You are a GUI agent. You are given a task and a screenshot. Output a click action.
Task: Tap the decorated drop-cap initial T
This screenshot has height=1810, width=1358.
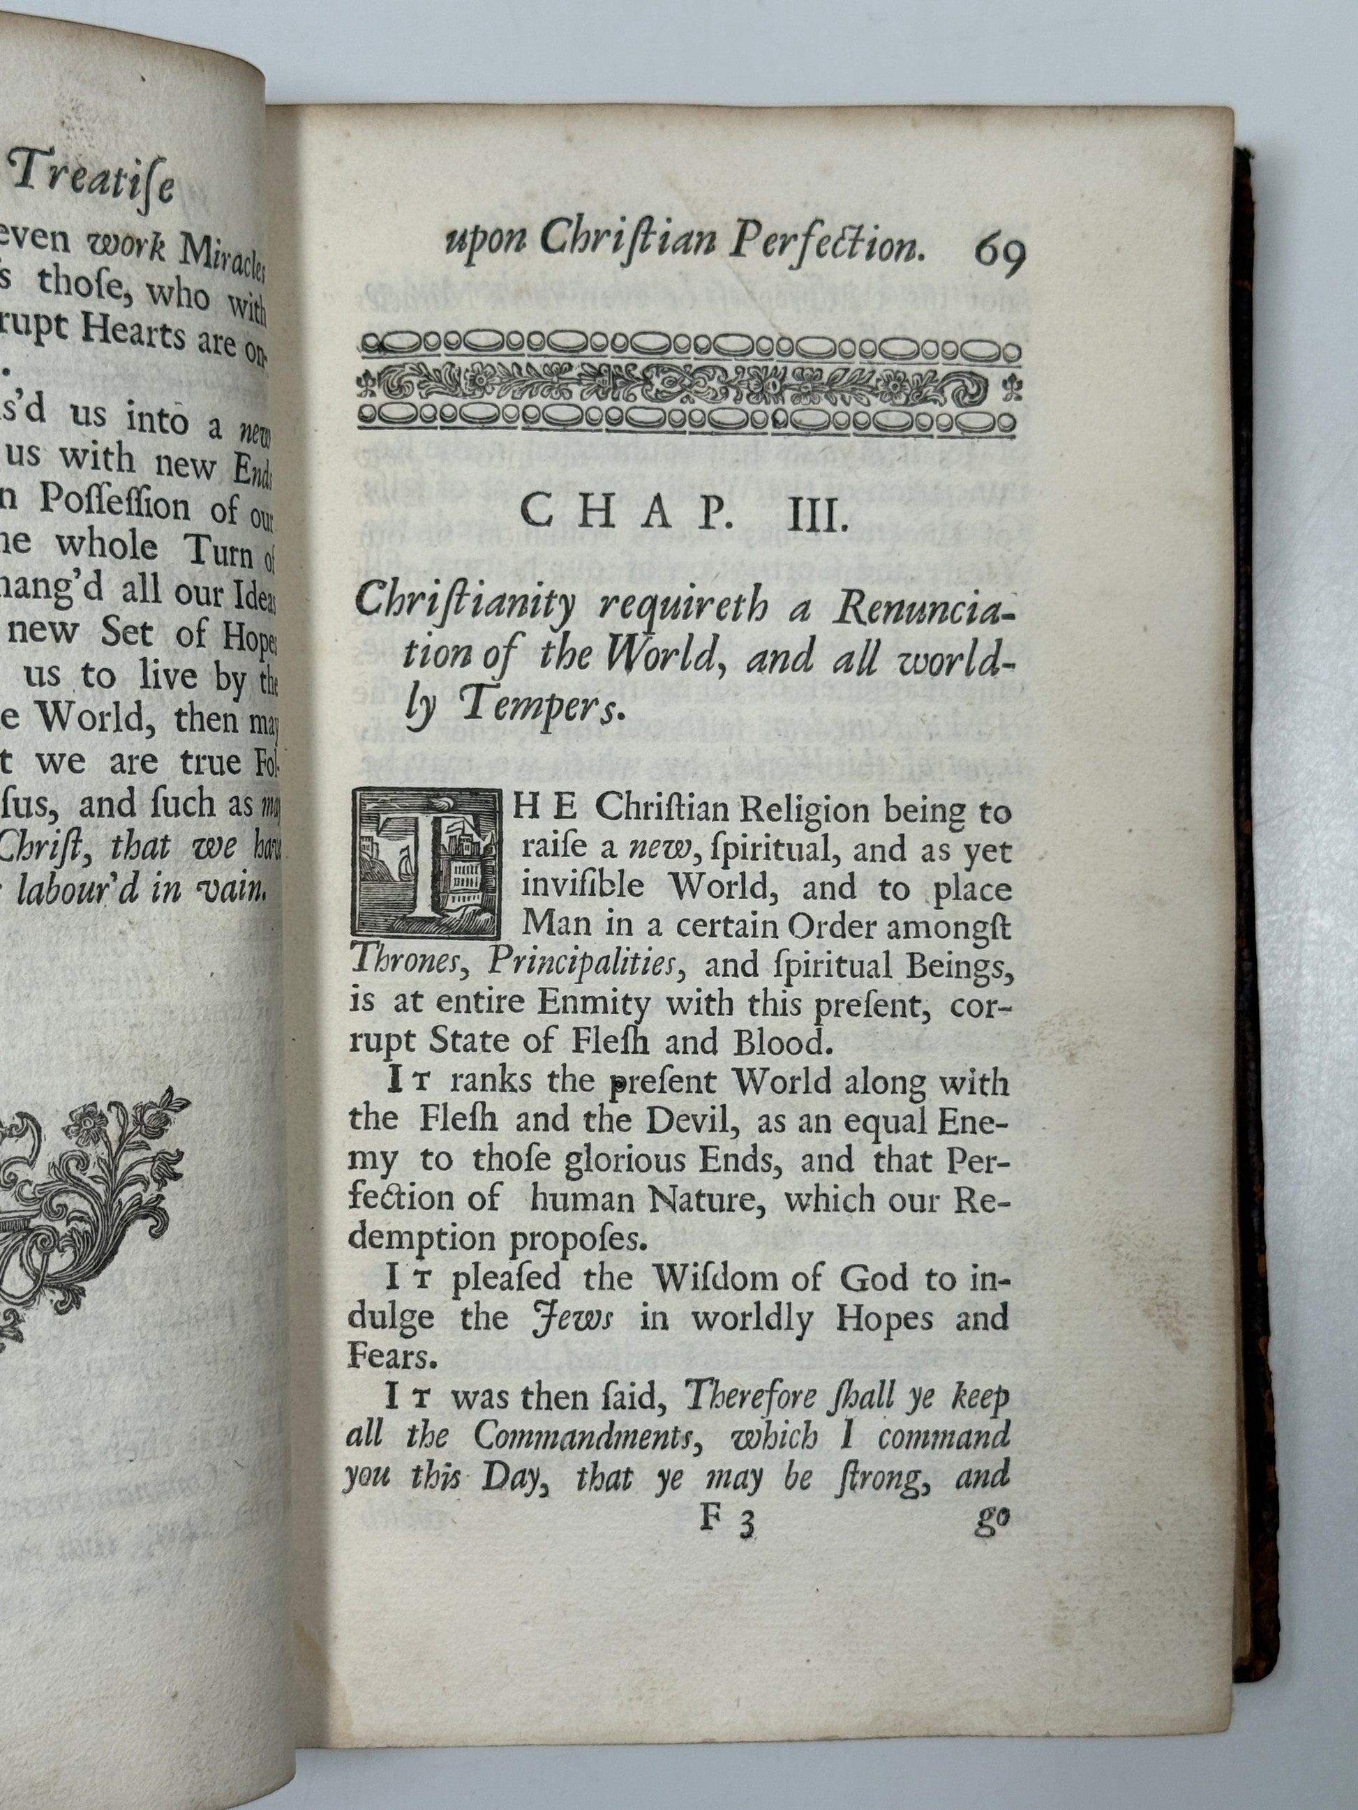point(425,862)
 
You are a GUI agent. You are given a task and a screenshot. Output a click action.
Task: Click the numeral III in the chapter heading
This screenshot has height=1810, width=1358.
point(812,517)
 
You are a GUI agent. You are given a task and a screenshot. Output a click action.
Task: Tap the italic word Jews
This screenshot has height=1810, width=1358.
point(572,1320)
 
